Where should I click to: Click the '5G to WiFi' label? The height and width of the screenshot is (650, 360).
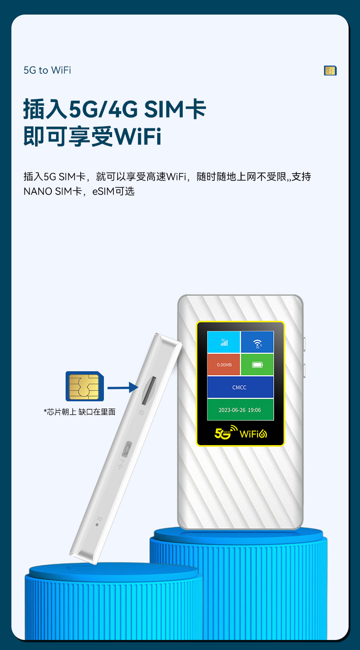(x=47, y=70)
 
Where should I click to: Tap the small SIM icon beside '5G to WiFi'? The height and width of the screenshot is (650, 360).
(x=330, y=71)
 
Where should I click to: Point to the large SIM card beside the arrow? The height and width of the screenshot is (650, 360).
(x=84, y=386)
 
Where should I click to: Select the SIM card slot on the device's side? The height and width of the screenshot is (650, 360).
(x=148, y=390)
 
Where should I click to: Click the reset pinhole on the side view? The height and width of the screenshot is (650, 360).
(x=97, y=524)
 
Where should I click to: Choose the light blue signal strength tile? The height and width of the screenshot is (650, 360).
(x=223, y=342)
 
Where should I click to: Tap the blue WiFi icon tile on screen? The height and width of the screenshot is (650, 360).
(x=257, y=342)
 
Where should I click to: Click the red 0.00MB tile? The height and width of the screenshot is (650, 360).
(x=223, y=364)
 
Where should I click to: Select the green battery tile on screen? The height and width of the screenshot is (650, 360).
(x=257, y=364)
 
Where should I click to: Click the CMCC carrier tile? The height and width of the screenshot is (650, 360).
(x=240, y=387)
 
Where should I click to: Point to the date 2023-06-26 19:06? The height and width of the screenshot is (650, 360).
(x=240, y=410)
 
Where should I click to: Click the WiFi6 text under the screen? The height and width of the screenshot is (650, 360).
(x=253, y=433)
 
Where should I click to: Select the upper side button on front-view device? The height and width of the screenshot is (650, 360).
(x=304, y=344)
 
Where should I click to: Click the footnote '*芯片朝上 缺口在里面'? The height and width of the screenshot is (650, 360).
(x=80, y=412)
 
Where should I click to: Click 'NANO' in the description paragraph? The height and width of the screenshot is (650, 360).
(x=38, y=191)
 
